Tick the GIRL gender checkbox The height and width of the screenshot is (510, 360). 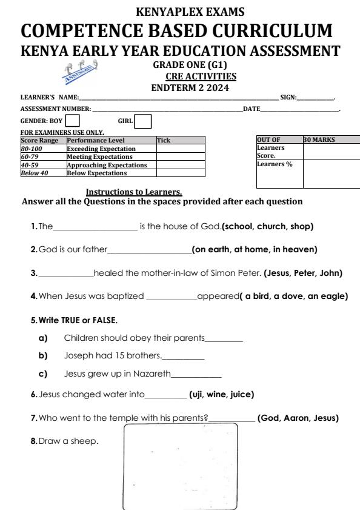coord(143,122)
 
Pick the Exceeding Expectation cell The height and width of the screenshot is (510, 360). coord(101,149)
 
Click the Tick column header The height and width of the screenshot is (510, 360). coord(164,141)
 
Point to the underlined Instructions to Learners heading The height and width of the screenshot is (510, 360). coord(134,192)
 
